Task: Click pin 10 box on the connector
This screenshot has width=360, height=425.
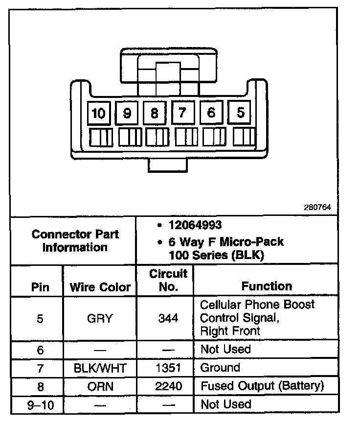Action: [x=99, y=114]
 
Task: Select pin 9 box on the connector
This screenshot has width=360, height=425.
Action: [x=127, y=114]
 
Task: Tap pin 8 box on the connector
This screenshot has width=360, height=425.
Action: [x=155, y=114]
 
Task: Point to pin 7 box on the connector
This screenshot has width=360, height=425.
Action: [x=182, y=113]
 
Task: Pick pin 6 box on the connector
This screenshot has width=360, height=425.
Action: [x=211, y=113]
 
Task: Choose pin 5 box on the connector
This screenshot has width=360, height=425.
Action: [x=240, y=113]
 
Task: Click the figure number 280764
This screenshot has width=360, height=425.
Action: [x=317, y=207]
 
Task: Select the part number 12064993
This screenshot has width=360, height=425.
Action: [x=195, y=225]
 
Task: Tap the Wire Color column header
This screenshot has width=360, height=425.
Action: [x=100, y=287]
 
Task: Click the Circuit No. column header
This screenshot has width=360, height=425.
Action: [x=168, y=280]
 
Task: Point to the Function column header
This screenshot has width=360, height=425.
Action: [x=267, y=286]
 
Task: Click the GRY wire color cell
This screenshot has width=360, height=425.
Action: [x=100, y=318]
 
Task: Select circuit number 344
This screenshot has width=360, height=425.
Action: [x=168, y=318]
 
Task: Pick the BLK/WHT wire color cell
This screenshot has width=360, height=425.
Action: [x=100, y=368]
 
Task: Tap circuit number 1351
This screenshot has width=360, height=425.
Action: [x=168, y=368]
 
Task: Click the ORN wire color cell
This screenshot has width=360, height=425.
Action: [x=100, y=386]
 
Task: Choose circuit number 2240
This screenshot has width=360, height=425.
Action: [x=168, y=386]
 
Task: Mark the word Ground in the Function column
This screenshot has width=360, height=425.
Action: [x=220, y=368]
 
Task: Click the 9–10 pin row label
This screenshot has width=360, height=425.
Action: [x=40, y=405]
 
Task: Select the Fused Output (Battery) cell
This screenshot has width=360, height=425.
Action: [x=262, y=386]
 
